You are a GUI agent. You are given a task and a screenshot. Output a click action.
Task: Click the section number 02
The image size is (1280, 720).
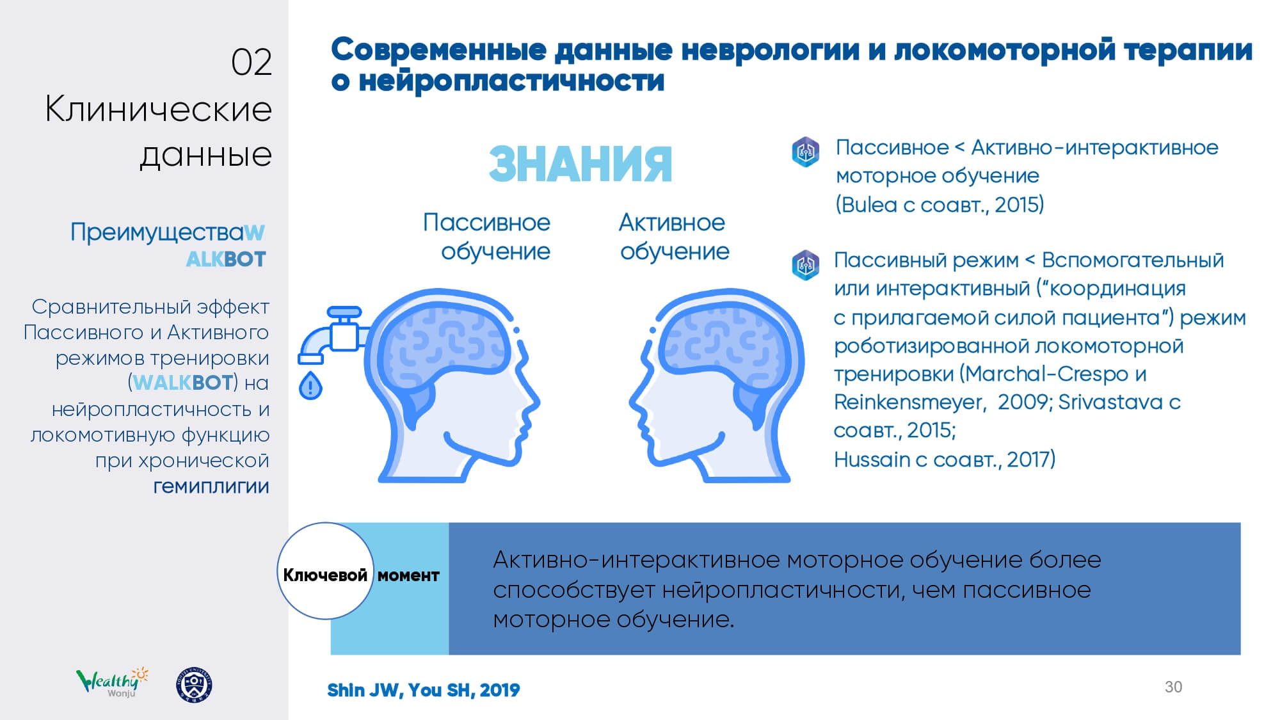tap(252, 63)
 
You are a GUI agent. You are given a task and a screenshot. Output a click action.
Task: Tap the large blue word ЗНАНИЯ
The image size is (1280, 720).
tap(580, 164)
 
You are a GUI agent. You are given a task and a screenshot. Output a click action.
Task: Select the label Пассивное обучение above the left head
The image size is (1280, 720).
tap(486, 237)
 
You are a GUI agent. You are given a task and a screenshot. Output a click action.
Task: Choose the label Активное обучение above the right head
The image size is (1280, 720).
tap(673, 237)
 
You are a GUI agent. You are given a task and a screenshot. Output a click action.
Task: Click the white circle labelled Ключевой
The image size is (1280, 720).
tap(325, 571)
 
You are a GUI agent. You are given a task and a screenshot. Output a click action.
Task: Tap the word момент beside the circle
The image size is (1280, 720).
tap(408, 575)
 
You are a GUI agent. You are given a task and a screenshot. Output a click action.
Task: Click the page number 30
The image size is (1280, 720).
tap(1173, 687)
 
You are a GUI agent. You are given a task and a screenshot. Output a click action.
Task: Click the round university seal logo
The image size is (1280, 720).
tap(194, 685)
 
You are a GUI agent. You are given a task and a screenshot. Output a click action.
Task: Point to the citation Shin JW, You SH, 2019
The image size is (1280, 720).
tap(424, 690)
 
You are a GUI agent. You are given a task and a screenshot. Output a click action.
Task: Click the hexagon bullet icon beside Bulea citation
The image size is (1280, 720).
tap(805, 152)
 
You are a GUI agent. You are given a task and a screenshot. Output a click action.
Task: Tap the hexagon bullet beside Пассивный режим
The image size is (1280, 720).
tap(805, 264)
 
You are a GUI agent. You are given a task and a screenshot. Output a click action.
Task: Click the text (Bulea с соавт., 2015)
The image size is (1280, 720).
tap(940, 205)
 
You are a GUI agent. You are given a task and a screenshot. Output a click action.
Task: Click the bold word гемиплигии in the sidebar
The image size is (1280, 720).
tap(211, 486)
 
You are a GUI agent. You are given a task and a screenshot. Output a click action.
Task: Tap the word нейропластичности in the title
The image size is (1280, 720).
tap(511, 81)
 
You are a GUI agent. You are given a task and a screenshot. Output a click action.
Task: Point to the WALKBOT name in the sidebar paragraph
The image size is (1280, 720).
tap(182, 383)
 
